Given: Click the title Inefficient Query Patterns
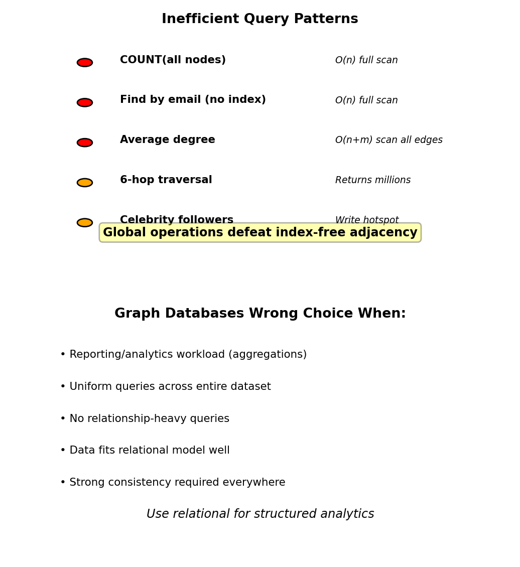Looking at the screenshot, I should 259,19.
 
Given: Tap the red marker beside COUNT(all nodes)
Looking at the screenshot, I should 85,63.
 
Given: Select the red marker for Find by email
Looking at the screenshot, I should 85,102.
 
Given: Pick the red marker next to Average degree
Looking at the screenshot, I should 85,143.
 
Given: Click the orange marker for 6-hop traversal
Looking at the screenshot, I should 85,183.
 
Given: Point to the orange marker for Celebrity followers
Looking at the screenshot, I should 85,223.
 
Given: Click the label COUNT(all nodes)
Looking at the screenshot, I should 173,60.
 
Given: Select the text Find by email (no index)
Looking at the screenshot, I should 193,100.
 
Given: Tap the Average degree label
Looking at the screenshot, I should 167,140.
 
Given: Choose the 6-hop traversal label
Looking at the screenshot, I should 166,180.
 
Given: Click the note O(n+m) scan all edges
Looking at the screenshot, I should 388,140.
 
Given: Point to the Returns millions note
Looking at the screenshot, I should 372,180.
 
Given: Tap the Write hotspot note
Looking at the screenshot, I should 366,220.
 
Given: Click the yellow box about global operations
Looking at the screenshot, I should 260,233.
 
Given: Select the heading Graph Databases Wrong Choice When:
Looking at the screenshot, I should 260,314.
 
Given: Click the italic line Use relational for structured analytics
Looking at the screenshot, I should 260,514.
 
